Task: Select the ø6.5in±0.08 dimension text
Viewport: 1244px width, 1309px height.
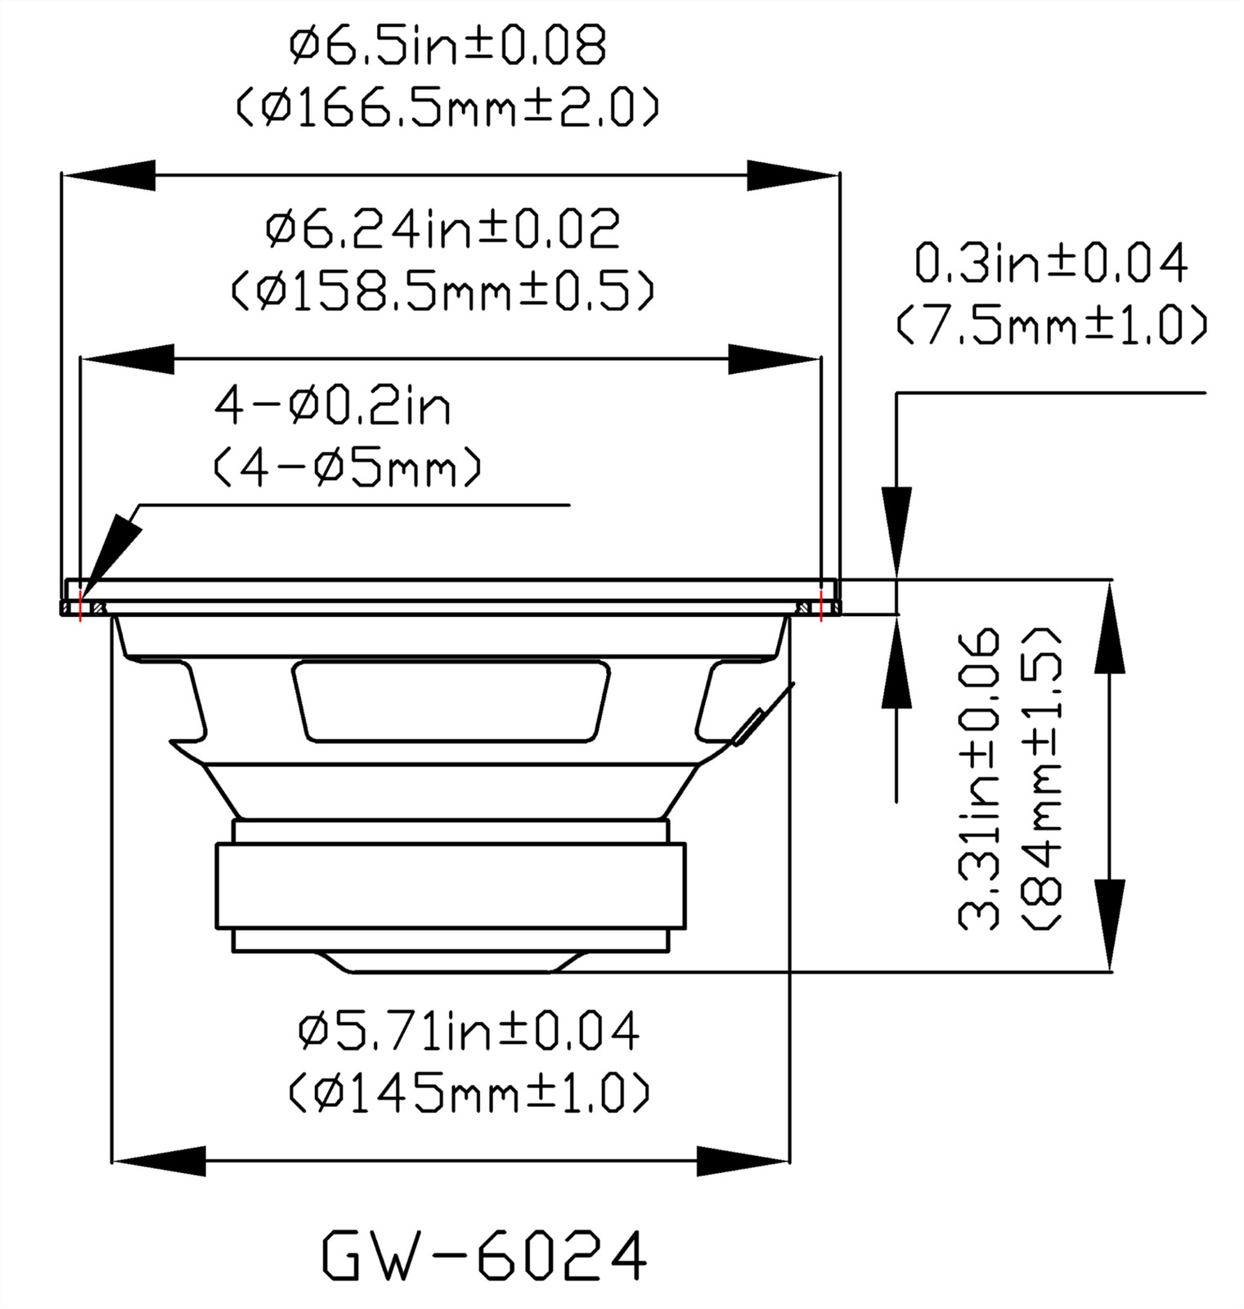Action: (448, 47)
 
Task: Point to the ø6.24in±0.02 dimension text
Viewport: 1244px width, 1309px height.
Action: (443, 229)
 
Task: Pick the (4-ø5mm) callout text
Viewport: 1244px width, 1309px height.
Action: (348, 467)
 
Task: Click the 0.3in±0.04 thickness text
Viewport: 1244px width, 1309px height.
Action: (1051, 263)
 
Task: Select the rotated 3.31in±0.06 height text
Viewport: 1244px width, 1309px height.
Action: (979, 779)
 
